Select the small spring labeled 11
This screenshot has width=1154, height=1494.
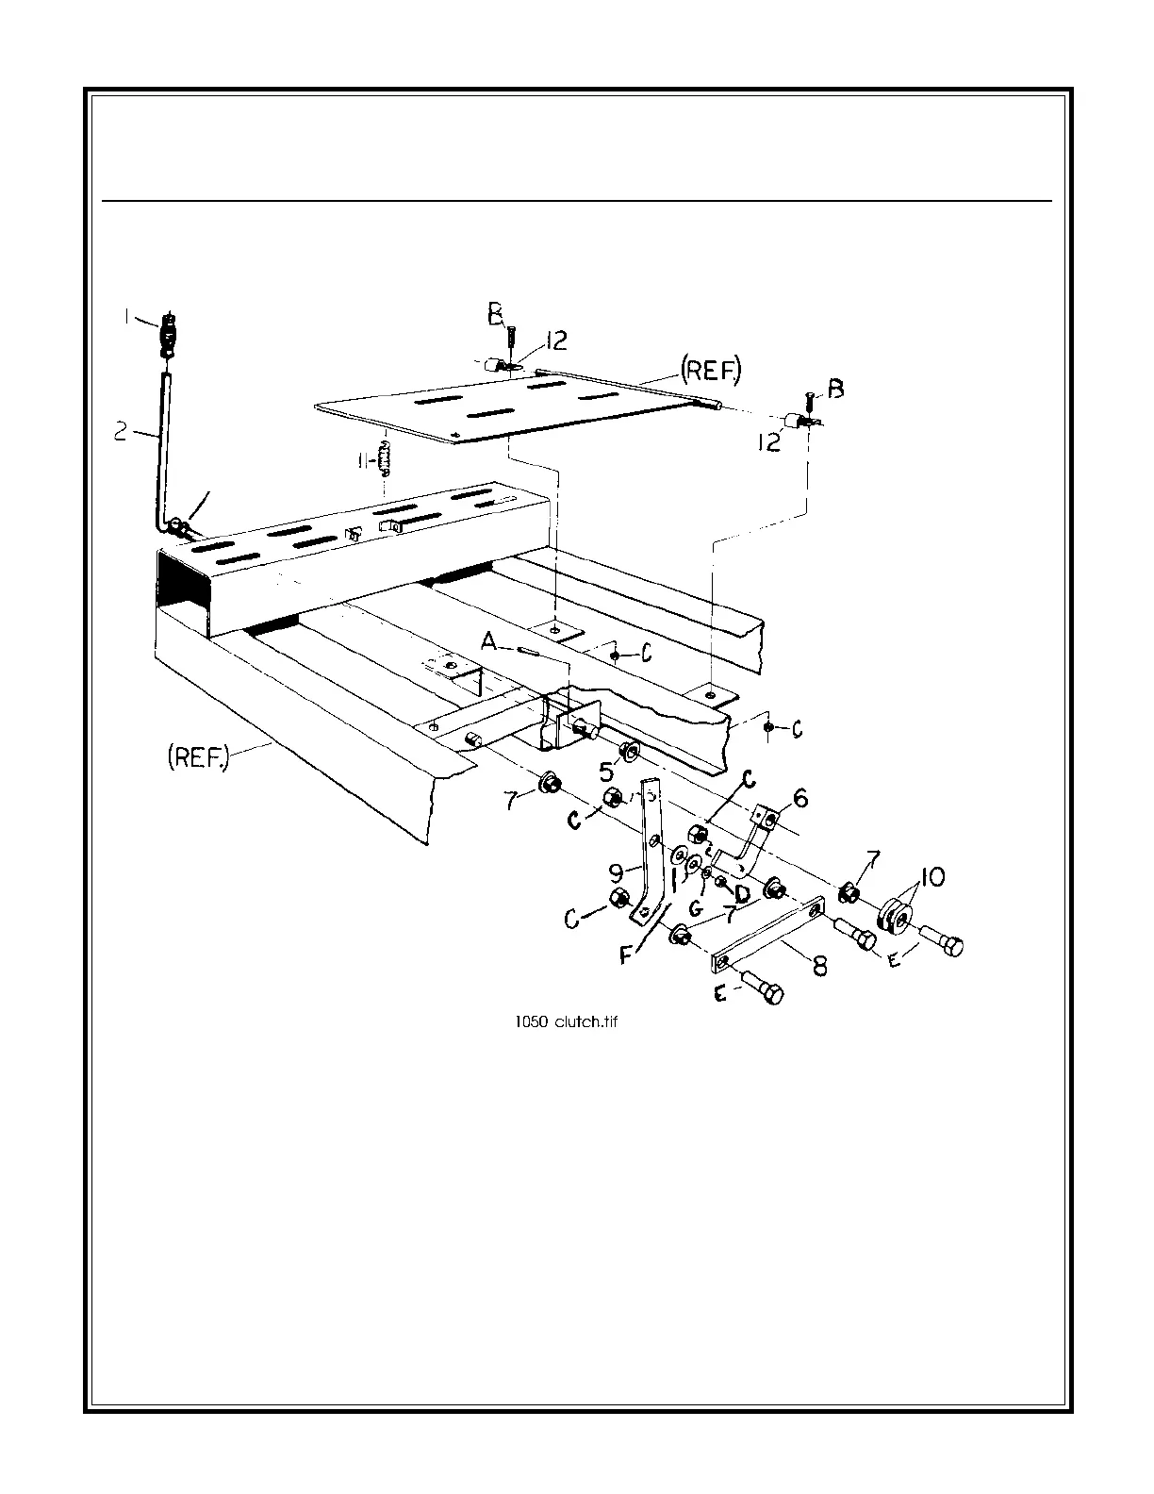[x=385, y=460]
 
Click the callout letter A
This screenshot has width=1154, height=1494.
[x=488, y=642]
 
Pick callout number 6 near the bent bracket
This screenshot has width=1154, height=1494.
[x=800, y=798]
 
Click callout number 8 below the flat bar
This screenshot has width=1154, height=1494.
[x=820, y=967]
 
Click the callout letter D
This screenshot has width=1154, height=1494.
[x=742, y=891]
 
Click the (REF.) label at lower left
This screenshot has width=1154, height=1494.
[x=198, y=757]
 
